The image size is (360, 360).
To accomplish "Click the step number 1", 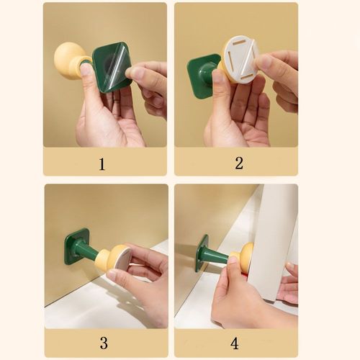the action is [x=102, y=164].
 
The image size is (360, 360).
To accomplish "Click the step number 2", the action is [x=239, y=163].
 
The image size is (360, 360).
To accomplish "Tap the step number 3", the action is [x=104, y=343].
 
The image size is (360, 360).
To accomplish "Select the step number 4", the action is [x=235, y=343].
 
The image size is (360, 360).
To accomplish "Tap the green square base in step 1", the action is [x=112, y=68].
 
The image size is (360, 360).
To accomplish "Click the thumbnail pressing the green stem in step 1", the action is [x=85, y=70].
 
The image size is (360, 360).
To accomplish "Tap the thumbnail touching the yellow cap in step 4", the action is [x=233, y=260].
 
